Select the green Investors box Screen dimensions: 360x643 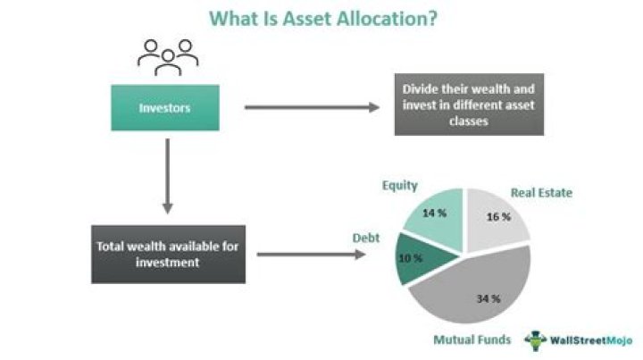[x=165, y=108]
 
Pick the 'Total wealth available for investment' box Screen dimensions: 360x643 [x=168, y=254]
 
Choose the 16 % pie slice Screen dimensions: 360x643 [x=497, y=217]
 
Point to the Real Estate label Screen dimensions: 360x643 [x=541, y=192]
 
